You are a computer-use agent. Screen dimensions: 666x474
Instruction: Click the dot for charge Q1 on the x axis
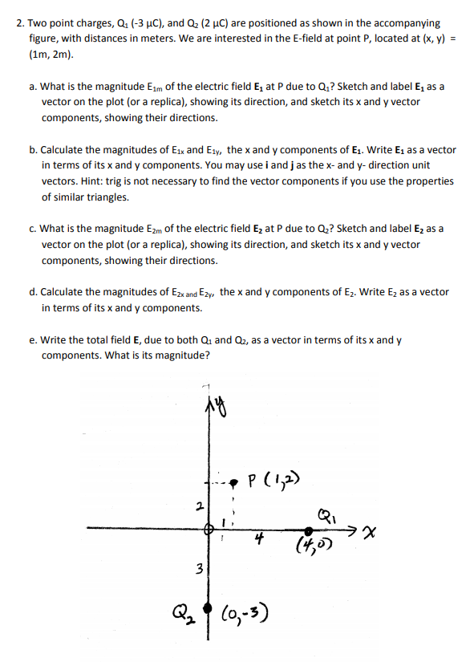click(x=309, y=530)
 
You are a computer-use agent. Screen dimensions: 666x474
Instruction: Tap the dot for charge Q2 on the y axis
click(x=207, y=607)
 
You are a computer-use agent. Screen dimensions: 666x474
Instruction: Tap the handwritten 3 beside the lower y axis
click(x=190, y=571)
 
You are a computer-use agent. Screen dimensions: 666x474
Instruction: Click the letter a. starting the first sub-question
click(x=33, y=87)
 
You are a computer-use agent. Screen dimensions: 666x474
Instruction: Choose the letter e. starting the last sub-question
click(x=33, y=340)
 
